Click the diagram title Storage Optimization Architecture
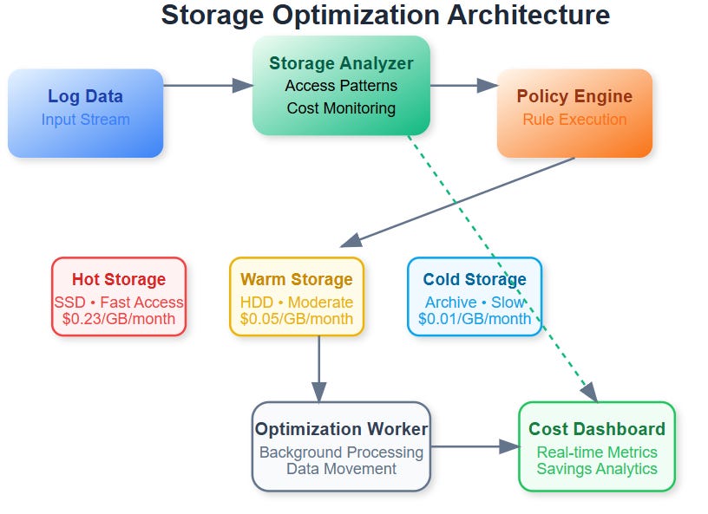click(x=385, y=16)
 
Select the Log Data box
click(x=85, y=113)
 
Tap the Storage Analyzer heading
click(x=341, y=63)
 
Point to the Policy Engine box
click(x=574, y=113)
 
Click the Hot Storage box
click(x=118, y=296)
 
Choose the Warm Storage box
click(x=297, y=296)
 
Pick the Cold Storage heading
click(x=475, y=279)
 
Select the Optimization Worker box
click(x=341, y=446)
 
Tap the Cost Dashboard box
click(x=597, y=446)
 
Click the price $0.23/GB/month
click(x=118, y=319)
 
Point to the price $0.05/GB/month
click(x=297, y=319)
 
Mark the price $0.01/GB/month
click(x=475, y=319)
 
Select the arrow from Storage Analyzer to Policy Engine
click(x=463, y=85)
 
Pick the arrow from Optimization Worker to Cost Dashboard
click(x=474, y=446)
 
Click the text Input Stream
click(x=85, y=120)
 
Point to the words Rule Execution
click(x=574, y=120)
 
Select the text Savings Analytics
click(x=597, y=469)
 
